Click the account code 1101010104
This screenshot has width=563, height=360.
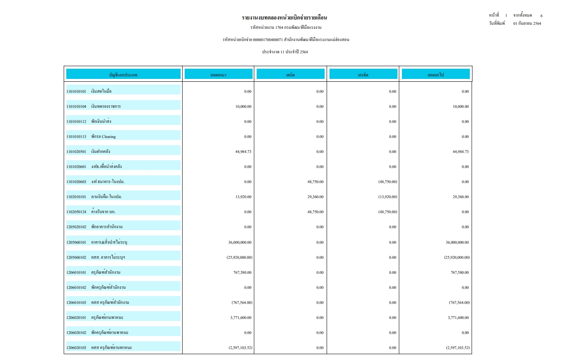click(x=76, y=107)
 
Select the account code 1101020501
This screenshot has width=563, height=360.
click(x=76, y=152)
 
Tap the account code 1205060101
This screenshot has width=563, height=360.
click(x=76, y=242)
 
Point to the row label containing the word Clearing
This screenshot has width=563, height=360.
click(x=103, y=137)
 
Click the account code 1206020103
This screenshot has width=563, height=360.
click(x=76, y=348)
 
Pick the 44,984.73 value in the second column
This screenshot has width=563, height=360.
click(x=243, y=152)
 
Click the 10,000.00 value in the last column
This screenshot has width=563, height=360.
click(x=460, y=107)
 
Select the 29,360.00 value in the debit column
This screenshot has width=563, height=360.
click(x=316, y=197)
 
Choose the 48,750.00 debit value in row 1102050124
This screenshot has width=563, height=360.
click(x=316, y=212)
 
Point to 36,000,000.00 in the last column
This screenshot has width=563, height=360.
click(x=457, y=242)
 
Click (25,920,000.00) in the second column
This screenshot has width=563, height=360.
click(x=239, y=257)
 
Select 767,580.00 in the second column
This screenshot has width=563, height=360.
click(x=242, y=273)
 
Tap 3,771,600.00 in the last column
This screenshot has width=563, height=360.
click(x=458, y=318)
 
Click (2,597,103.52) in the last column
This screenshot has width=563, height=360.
click(x=457, y=348)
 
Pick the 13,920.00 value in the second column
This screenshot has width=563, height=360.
click(x=243, y=197)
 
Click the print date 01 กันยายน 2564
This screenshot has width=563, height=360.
click(x=527, y=24)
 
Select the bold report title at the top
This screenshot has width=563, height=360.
click(x=284, y=17)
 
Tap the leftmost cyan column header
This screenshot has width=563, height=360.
click(x=123, y=74)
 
